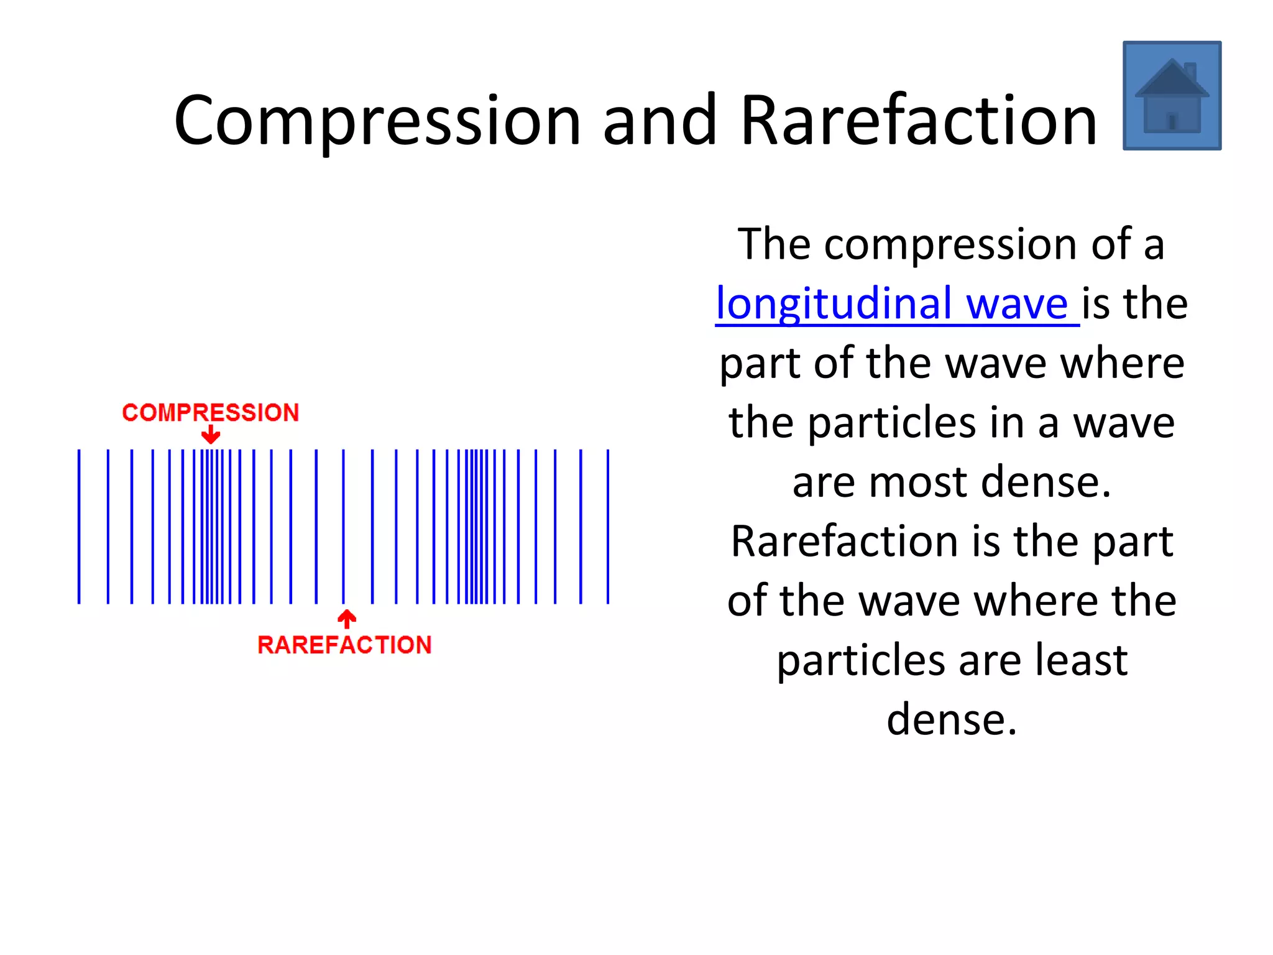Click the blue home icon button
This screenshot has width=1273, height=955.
tap(1172, 95)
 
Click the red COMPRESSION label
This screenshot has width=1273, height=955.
tap(211, 413)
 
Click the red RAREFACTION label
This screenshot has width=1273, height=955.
tap(344, 645)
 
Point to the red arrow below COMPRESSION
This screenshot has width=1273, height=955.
tap(211, 434)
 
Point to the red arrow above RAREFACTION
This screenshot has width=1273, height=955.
tap(347, 619)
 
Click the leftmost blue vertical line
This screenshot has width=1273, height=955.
tap(79, 526)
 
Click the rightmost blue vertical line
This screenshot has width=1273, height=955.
tap(608, 526)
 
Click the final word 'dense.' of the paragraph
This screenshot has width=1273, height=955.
tap(952, 719)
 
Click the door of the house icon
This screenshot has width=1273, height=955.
tap(1172, 122)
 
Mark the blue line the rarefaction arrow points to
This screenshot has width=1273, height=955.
tap(343, 526)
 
